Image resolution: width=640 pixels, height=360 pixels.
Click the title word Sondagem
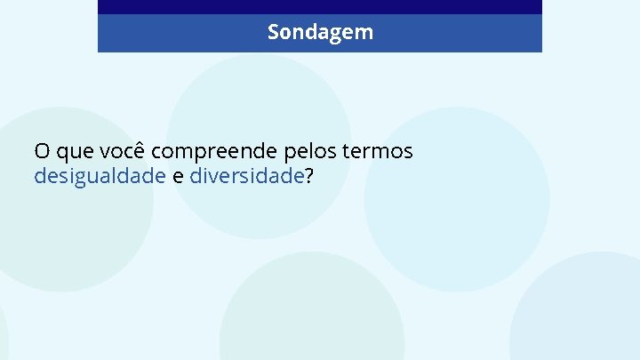[320, 33]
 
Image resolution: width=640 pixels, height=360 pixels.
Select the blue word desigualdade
[100, 176]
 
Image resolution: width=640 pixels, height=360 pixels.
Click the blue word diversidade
[247, 176]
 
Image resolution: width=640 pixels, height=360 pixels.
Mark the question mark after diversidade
[309, 175]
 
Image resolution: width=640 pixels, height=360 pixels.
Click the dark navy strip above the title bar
[320, 6]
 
